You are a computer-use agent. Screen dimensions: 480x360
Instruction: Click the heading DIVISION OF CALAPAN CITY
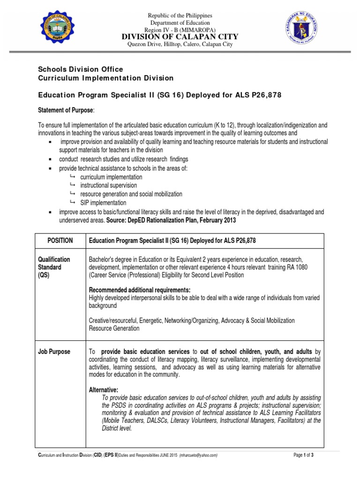click(x=180, y=37)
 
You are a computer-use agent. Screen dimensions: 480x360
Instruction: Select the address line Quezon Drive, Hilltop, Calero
click(x=180, y=45)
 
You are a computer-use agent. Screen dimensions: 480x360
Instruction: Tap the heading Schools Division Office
click(x=80, y=69)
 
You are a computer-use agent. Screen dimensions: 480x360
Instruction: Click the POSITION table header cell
click(x=60, y=240)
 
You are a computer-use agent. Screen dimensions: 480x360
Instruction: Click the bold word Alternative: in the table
click(x=104, y=390)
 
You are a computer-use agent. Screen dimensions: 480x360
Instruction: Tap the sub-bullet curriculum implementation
click(x=111, y=177)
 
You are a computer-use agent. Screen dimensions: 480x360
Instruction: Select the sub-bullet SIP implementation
click(x=103, y=202)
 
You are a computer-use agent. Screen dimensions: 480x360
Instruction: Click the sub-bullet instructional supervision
click(x=108, y=186)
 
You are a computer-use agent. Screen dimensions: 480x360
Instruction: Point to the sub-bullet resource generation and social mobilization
click(x=131, y=194)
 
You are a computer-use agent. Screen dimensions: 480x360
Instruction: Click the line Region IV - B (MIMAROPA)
click(x=180, y=30)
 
